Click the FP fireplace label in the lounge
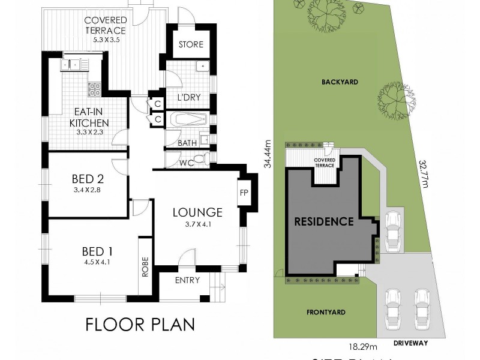point(244,194)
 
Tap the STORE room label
point(191,44)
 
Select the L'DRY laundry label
point(188,97)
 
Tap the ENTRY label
point(187,281)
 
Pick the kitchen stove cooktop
point(95,90)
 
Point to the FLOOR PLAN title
point(140,325)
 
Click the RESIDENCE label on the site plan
point(323,221)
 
